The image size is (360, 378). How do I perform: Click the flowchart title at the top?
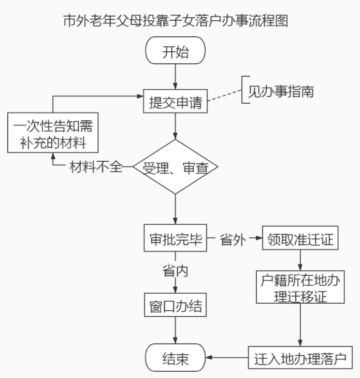click(x=175, y=21)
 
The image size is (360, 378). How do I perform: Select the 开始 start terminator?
click(x=176, y=52)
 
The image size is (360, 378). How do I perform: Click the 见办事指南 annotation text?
click(x=281, y=92)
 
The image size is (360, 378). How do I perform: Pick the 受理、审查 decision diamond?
click(x=176, y=167)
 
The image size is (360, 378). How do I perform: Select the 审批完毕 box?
click(x=176, y=240)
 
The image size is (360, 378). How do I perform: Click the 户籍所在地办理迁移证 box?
click(x=301, y=287)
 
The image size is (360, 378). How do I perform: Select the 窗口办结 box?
click(x=176, y=307)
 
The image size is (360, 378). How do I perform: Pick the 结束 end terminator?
click(x=176, y=358)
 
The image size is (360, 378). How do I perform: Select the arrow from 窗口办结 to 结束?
click(x=176, y=330)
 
